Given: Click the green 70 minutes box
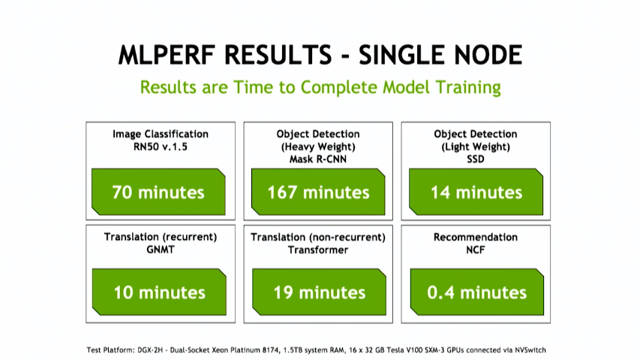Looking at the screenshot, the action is coord(158,192).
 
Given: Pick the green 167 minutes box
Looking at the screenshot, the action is coord(318,192).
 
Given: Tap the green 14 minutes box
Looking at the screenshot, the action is coord(476,192).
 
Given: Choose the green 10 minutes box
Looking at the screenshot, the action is coord(159,292).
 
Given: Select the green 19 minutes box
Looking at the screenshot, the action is coord(319,292).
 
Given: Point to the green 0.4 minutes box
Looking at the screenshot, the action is coord(476,292).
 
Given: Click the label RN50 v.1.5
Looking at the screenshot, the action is coord(161,147).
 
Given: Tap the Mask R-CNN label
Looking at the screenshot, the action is coord(318,159).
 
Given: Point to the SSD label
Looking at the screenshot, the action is coord(476,159).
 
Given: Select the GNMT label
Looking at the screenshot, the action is coord(161,250).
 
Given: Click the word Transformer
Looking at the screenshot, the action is coord(318,250).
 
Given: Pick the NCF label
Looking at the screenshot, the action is coord(476,250).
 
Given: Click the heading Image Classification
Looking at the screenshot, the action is coord(161,134).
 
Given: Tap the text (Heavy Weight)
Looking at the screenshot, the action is coord(318,147).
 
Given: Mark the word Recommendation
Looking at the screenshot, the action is coord(476,237).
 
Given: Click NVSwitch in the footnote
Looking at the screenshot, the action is coord(530,349).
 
